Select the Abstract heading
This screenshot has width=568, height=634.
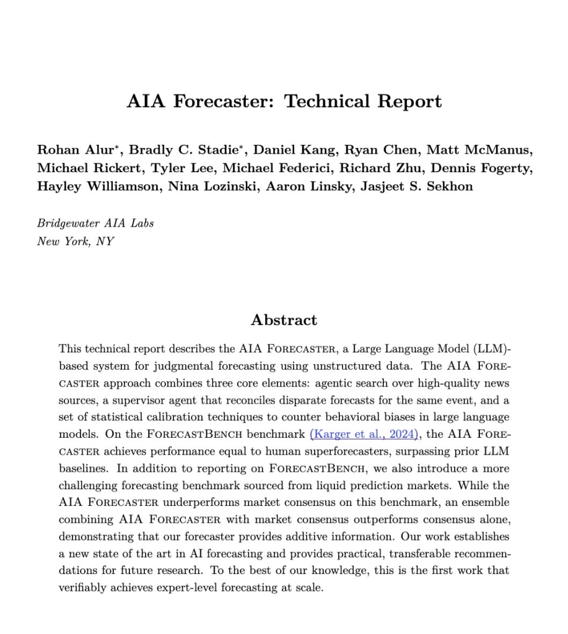[284, 320]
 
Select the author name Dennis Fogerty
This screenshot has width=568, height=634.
[486, 169]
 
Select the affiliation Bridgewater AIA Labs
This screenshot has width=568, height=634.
[95, 224]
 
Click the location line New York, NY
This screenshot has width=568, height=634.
[76, 241]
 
